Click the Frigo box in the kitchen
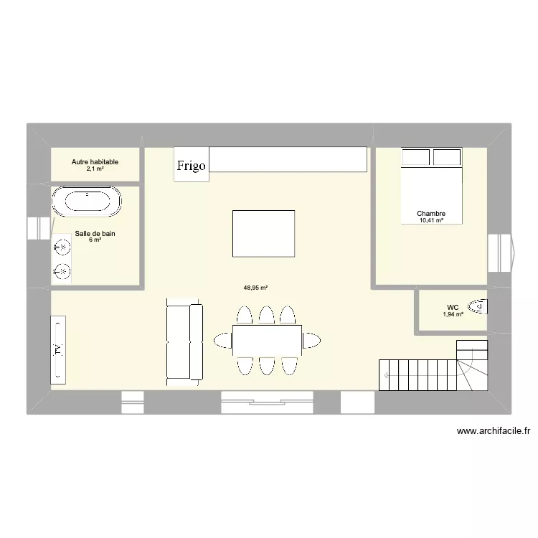191,164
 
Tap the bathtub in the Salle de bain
87,202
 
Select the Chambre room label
432,214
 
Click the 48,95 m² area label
255,288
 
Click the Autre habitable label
95,162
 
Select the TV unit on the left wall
58,351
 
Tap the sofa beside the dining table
184,341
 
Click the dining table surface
266,339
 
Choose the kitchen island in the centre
263,233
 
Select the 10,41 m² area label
432,221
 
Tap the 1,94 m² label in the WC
453,314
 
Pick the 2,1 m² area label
95,169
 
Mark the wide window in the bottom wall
266,402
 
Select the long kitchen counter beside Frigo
288,160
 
